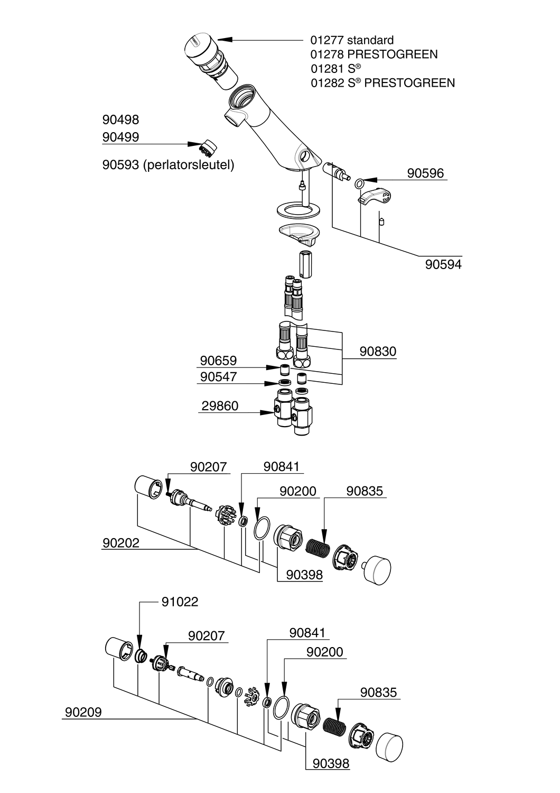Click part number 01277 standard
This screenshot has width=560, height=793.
tap(352, 40)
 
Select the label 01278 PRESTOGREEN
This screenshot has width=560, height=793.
tap(374, 54)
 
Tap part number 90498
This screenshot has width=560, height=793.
tap(120, 119)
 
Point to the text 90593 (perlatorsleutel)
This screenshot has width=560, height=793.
tap(169, 164)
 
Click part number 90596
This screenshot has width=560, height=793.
tap(425, 173)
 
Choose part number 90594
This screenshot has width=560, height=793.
tap(443, 264)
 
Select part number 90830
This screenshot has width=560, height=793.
tap(378, 352)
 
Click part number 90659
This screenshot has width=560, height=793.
tap(218, 361)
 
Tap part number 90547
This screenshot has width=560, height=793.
tap(218, 376)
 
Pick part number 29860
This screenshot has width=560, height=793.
tap(220, 405)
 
